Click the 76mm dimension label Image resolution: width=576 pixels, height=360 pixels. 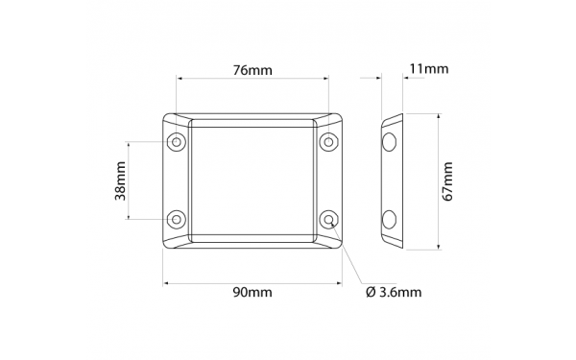(252, 69)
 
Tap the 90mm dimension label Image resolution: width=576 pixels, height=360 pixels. (252, 293)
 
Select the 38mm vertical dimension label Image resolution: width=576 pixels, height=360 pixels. (121, 180)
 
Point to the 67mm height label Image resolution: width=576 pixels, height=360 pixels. (447, 181)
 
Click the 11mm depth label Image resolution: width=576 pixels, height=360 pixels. (429, 68)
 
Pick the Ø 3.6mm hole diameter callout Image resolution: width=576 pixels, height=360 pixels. (394, 293)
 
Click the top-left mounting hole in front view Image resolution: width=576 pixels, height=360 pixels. (177, 142)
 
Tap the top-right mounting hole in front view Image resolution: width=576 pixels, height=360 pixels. (328, 142)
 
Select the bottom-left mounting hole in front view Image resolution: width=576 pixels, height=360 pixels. (177, 219)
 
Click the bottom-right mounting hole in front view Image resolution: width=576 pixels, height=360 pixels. (328, 219)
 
